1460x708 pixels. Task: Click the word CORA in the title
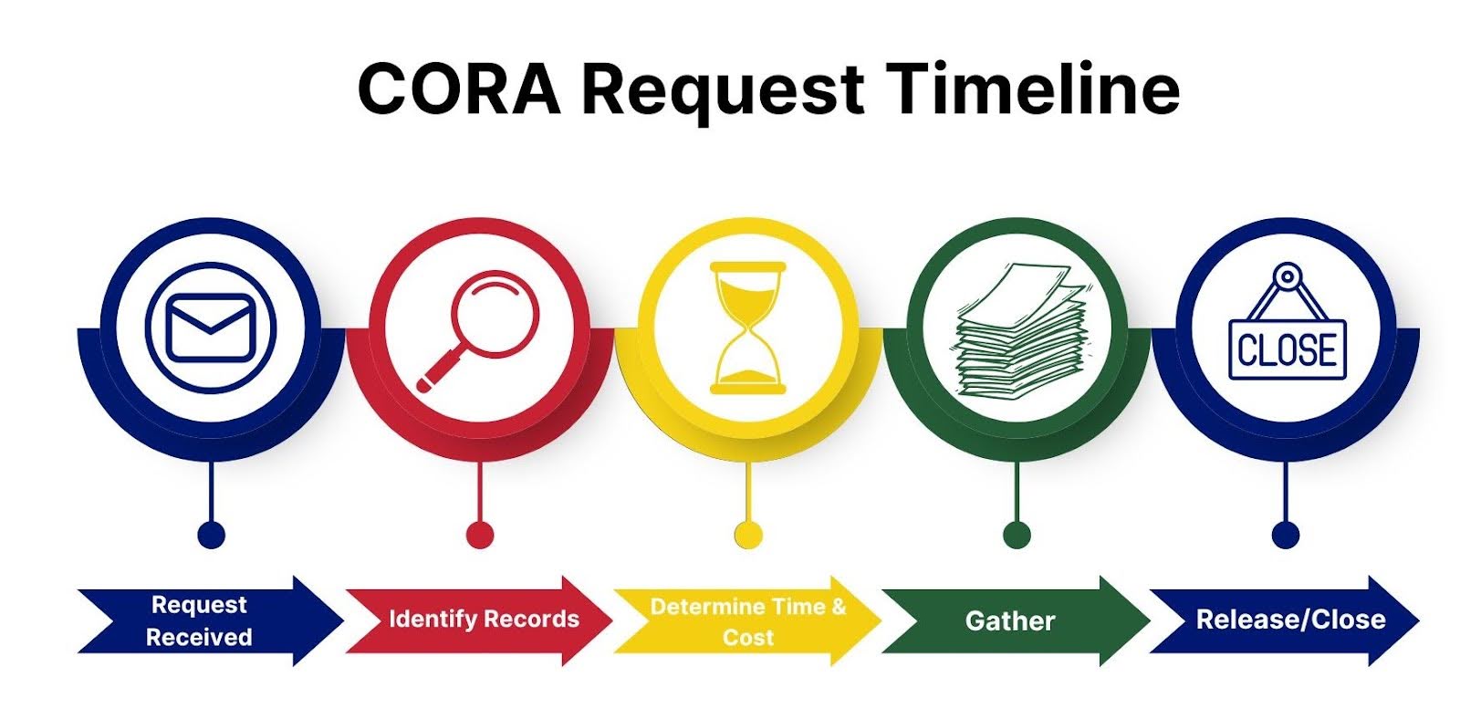pyautogui.click(x=460, y=88)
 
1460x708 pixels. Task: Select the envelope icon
pyautogui.click(x=211, y=328)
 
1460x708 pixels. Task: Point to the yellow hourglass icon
pyautogui.click(x=748, y=328)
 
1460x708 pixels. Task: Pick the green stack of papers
pyautogui.click(x=1021, y=330)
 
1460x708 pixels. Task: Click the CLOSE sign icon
pyautogui.click(x=1288, y=321)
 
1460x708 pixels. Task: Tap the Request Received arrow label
pyautogui.click(x=199, y=620)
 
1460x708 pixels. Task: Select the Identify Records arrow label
pyautogui.click(x=484, y=619)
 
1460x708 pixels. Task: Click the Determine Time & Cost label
pyautogui.click(x=748, y=621)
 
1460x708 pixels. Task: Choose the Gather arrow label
pyautogui.click(x=1010, y=620)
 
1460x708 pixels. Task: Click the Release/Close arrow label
pyautogui.click(x=1290, y=619)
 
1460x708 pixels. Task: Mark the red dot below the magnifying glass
pyautogui.click(x=480, y=536)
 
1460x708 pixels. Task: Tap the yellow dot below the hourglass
pyautogui.click(x=748, y=536)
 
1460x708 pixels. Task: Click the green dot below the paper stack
pyautogui.click(x=1017, y=536)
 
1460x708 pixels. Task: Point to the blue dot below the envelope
pyautogui.click(x=211, y=536)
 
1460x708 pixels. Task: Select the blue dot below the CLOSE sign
pyautogui.click(x=1286, y=536)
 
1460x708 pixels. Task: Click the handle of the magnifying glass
pyautogui.click(x=440, y=370)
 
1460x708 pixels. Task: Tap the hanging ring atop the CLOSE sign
pyautogui.click(x=1288, y=276)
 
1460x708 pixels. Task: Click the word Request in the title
pyautogui.click(x=723, y=91)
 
